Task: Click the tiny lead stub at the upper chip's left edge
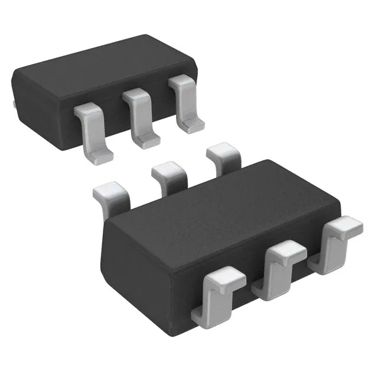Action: point(12,104)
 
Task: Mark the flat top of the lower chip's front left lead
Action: point(225,276)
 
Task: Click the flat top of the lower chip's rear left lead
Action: point(110,190)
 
